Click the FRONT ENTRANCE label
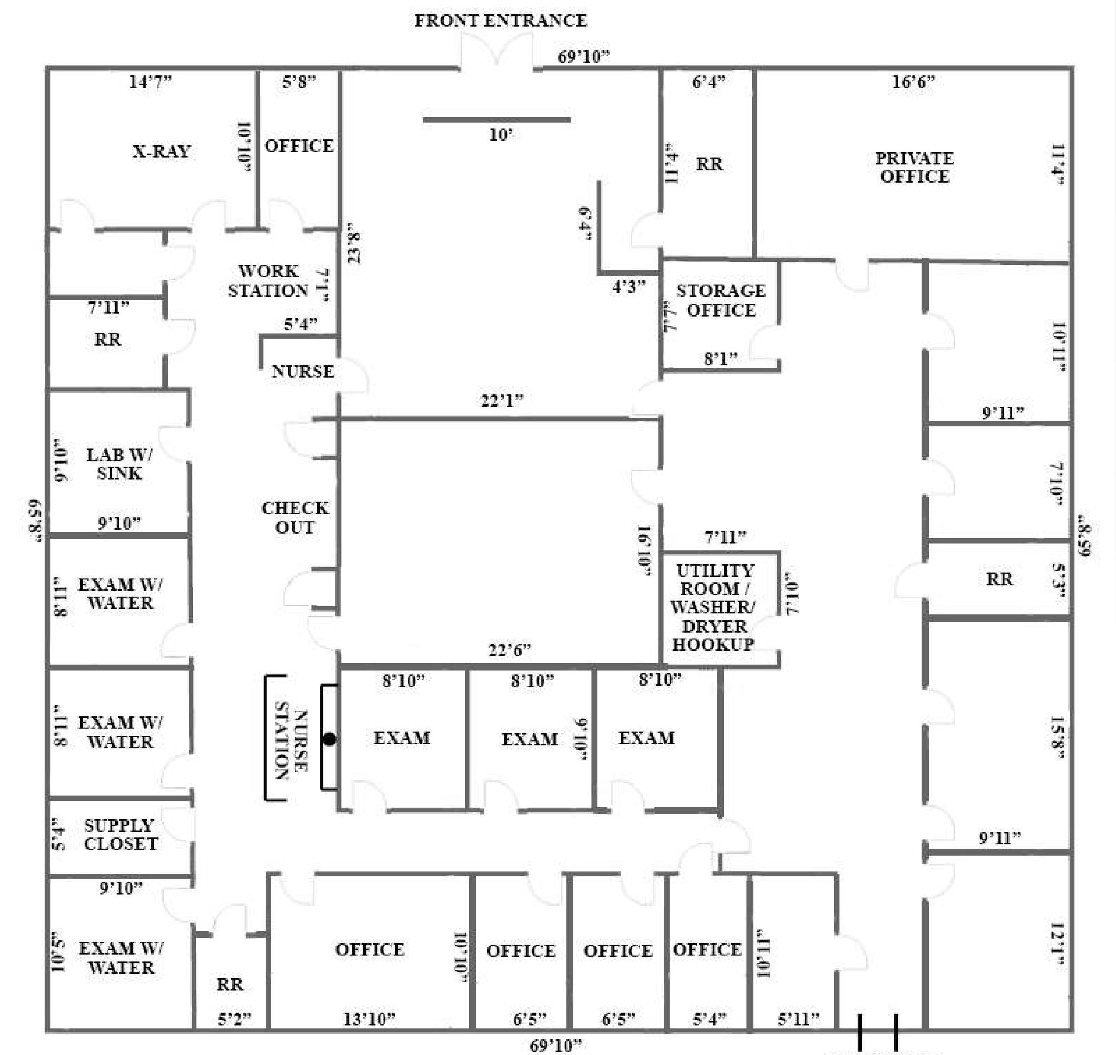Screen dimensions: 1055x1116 [x=500, y=21]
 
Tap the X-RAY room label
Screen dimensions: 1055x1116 [x=161, y=151]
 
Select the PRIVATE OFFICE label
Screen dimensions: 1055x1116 [x=914, y=167]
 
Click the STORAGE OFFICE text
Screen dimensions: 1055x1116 [x=721, y=300]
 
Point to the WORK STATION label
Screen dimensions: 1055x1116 [x=268, y=281]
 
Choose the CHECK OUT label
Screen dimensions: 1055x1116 [x=295, y=517]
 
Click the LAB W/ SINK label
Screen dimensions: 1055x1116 [x=119, y=463]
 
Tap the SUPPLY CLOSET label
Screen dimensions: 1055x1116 [x=121, y=834]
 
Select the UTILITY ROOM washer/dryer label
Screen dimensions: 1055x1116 [x=714, y=607]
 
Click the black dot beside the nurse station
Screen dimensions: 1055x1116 [x=330, y=739]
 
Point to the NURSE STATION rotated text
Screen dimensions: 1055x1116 [x=291, y=739]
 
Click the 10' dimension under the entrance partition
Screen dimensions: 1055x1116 [x=500, y=135]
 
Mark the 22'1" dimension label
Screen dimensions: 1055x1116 [x=502, y=400]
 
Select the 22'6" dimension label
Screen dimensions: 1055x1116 [x=509, y=650]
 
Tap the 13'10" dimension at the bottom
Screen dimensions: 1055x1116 [x=370, y=1019]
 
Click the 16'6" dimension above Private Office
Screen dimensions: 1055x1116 [x=914, y=82]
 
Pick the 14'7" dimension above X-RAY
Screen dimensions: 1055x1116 [x=150, y=82]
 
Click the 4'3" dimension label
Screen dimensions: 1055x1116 [x=628, y=287]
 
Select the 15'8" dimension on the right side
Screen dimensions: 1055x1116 [x=1057, y=737]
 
